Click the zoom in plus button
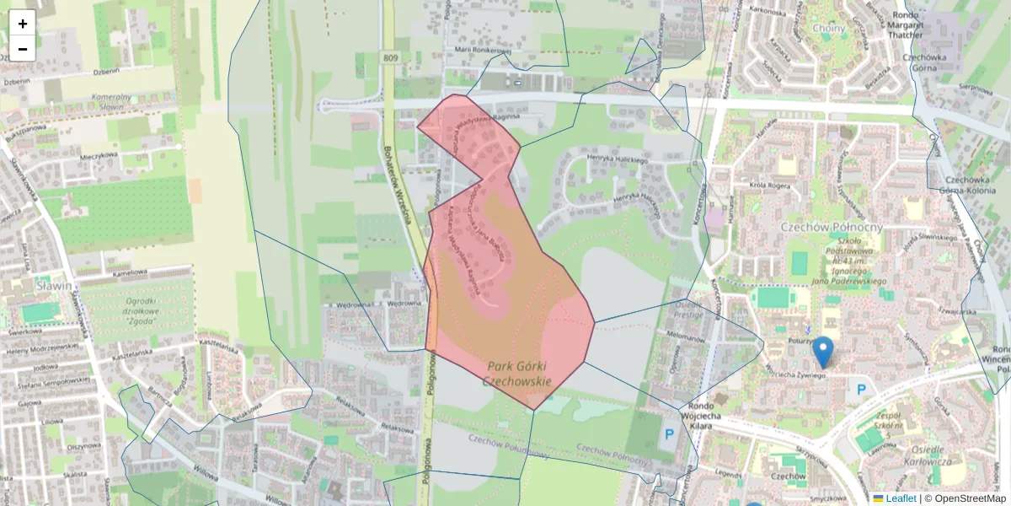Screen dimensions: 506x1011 (x=23, y=23)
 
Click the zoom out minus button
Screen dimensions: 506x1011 (x=23, y=49)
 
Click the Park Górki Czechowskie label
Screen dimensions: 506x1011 (x=519, y=374)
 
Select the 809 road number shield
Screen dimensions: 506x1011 (x=388, y=57)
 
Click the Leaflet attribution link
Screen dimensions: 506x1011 (x=901, y=498)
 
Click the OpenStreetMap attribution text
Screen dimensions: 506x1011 (x=970, y=498)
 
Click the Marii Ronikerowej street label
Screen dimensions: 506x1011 (x=483, y=50)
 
